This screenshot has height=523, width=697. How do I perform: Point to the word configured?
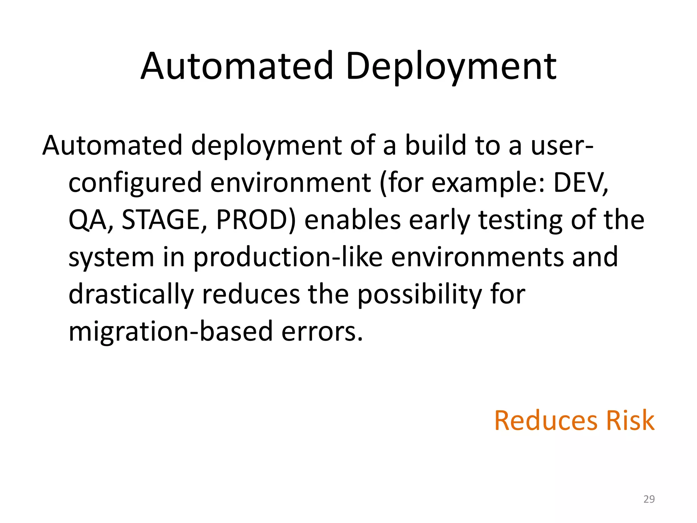coord(135,183)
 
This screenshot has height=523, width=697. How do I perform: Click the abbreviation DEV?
coord(580,183)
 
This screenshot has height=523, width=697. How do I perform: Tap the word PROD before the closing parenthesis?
coord(252,220)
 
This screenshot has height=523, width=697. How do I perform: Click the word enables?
coord(353,220)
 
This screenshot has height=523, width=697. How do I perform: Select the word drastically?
coord(131,295)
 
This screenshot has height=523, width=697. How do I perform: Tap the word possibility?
coord(419,295)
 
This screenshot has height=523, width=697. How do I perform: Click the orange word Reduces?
coord(546,421)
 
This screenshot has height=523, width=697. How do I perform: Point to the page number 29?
coord(649,499)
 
